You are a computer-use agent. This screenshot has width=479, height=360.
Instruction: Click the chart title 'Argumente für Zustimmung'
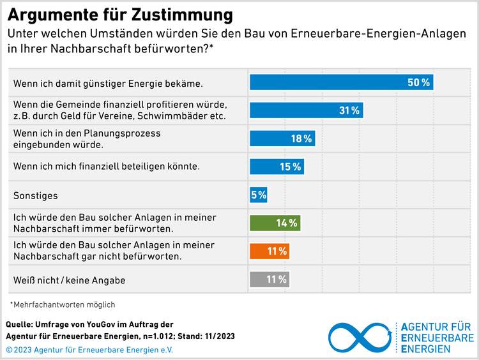120,15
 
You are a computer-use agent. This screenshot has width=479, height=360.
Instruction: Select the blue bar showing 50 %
341,82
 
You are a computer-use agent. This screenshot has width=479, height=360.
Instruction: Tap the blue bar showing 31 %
306,110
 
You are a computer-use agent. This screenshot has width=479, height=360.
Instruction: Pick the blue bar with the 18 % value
282,139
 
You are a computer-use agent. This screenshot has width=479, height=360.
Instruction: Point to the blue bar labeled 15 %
277,167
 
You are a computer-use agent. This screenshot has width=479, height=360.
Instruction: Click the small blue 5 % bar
258,195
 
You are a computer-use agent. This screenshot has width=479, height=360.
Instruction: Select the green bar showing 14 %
275,223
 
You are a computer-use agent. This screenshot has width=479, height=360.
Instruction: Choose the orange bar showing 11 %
270,251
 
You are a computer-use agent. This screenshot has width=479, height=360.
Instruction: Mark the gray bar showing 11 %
270,279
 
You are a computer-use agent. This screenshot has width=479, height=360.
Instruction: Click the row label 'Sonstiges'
35,195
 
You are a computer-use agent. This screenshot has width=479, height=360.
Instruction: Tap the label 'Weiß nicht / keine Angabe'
70,280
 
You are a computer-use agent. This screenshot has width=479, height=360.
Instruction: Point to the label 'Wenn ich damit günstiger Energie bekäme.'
108,83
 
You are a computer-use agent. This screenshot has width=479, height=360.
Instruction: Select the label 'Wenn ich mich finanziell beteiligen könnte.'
107,167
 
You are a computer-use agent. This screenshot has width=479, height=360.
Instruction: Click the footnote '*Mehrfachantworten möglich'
63,304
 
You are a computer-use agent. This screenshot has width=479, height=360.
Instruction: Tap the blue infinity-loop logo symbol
359,338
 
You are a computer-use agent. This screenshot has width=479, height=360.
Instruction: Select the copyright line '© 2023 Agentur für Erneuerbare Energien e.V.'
89,349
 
